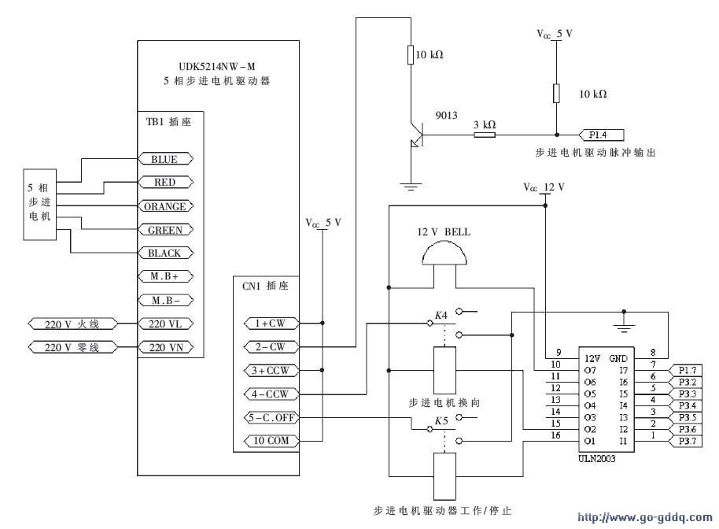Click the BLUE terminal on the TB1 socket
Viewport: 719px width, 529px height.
pyautogui.click(x=165, y=159)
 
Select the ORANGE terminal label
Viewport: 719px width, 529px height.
pyautogui.click(x=165, y=206)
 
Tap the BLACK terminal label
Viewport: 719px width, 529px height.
pyautogui.click(x=165, y=253)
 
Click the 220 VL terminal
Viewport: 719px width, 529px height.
pyautogui.click(x=165, y=324)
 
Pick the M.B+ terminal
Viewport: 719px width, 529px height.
pyautogui.click(x=165, y=276)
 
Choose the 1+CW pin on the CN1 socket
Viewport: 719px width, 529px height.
pyautogui.click(x=271, y=323)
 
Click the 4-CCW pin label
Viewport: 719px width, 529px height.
pyautogui.click(x=271, y=394)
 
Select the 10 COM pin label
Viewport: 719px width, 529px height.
pyautogui.click(x=271, y=441)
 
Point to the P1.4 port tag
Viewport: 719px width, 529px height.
pyautogui.click(x=601, y=135)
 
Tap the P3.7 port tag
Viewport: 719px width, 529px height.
pyautogui.click(x=685, y=442)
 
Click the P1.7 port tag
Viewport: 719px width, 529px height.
pyautogui.click(x=685, y=370)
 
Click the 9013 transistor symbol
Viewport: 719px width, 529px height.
pyautogui.click(x=415, y=135)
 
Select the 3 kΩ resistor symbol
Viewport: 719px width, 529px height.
pyautogui.click(x=485, y=135)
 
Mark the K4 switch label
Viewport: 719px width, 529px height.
pyautogui.click(x=441, y=315)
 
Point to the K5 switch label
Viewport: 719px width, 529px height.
pyautogui.click(x=441, y=420)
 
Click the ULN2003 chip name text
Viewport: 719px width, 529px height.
pyautogui.click(x=596, y=458)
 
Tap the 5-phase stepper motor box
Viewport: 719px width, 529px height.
pyautogui.click(x=40, y=204)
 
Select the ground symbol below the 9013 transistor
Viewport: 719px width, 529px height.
pyautogui.click(x=411, y=187)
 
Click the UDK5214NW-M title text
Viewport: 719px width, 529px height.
pyautogui.click(x=217, y=67)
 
